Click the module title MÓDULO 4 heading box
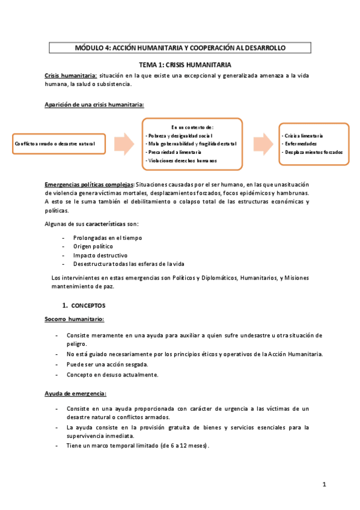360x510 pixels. (x=180, y=48)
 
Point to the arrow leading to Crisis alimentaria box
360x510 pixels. (x=261, y=144)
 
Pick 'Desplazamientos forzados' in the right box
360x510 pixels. (x=314, y=152)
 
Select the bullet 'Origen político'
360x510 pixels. (x=93, y=247)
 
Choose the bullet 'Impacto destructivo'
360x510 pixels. (x=97, y=255)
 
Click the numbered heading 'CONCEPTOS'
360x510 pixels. (x=88, y=306)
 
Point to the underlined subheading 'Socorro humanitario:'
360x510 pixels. (x=75, y=319)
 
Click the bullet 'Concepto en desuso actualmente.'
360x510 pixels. (x=112, y=374)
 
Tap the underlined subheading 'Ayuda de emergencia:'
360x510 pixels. (x=75, y=393)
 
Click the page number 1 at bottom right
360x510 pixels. (x=323, y=484)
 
